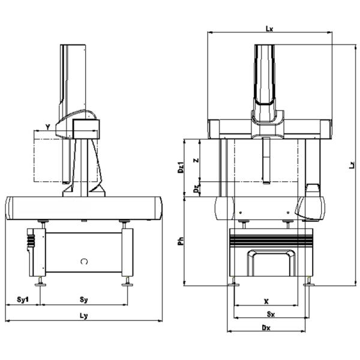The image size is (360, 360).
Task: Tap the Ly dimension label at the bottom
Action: click(83, 316)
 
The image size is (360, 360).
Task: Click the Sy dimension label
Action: click(85, 298)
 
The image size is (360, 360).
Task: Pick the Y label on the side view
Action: click(47, 127)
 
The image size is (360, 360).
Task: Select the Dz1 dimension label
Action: click(181, 167)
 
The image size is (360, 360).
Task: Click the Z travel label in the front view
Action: click(196, 161)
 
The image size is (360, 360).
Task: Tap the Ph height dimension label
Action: click(181, 241)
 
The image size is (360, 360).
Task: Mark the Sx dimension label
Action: click(271, 313)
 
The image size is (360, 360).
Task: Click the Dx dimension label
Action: click(266, 327)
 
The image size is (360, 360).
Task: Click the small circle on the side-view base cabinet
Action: click(85, 261)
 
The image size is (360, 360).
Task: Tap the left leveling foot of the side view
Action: click(41, 281)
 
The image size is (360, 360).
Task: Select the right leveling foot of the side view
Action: click(127, 281)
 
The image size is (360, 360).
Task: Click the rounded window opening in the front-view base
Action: click(272, 263)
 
